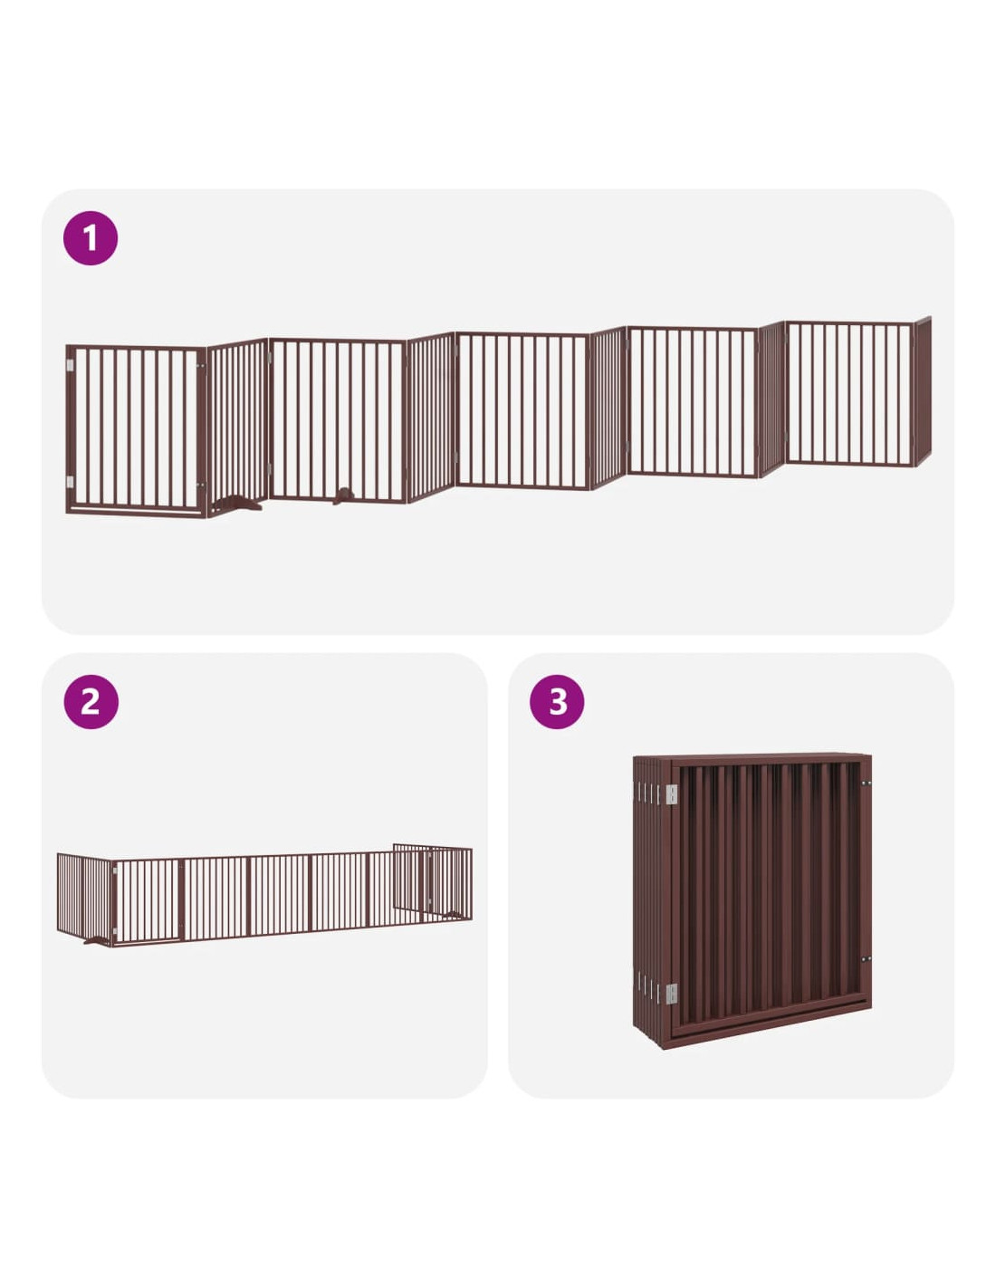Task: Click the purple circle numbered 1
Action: (91, 238)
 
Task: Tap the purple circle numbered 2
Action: (91, 702)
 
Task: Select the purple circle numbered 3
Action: (557, 702)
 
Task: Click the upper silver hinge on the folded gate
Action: (671, 795)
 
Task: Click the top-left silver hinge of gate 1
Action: (70, 366)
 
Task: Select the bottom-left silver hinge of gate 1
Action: (70, 482)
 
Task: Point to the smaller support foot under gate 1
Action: (343, 495)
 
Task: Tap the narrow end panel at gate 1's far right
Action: (923, 392)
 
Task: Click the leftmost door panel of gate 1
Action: (137, 429)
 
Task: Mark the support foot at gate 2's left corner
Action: (97, 940)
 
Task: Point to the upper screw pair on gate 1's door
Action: (200, 366)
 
